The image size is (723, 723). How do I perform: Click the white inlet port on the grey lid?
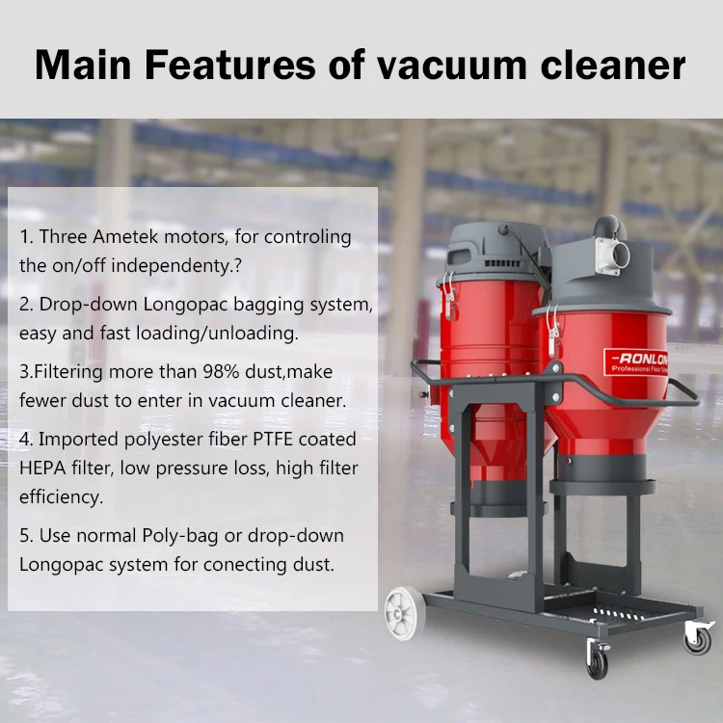pyautogui.click(x=613, y=254)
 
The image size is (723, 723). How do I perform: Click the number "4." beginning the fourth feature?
pyautogui.click(x=26, y=440)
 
